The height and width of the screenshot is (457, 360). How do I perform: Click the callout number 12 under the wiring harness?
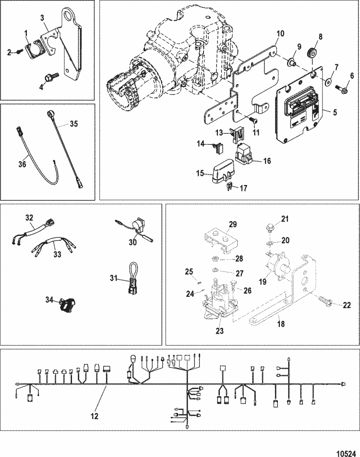coord(95,416)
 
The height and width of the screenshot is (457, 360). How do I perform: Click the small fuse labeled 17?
coord(230,186)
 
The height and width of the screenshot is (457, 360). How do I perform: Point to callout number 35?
coord(73,123)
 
